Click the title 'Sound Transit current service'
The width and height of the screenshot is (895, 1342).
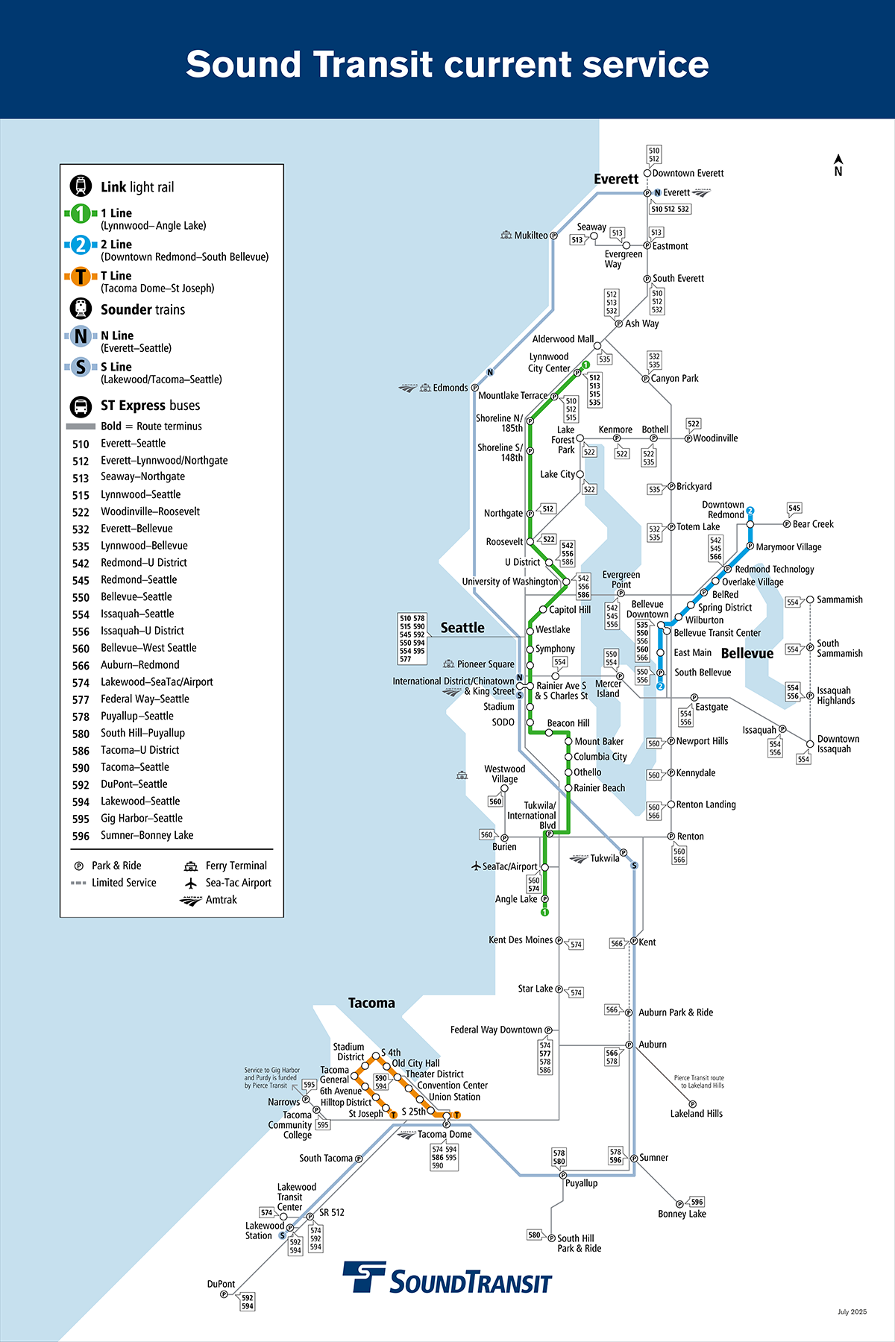pyautogui.click(x=447, y=64)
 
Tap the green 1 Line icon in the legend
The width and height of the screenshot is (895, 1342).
pyautogui.click(x=81, y=214)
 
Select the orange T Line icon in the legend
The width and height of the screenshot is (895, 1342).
pyautogui.click(x=81, y=277)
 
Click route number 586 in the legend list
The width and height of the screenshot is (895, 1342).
pyautogui.click(x=81, y=751)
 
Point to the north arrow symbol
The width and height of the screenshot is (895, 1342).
pyautogui.click(x=838, y=165)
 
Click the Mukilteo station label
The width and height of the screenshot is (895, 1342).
pyautogui.click(x=530, y=236)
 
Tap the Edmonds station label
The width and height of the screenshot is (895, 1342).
pyautogui.click(x=450, y=388)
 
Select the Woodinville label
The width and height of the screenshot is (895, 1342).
pyautogui.click(x=715, y=438)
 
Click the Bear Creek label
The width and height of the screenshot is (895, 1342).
pyautogui.click(x=813, y=524)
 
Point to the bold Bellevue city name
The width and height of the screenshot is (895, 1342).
pyautogui.click(x=747, y=653)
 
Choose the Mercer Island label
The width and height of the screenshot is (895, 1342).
pyautogui.click(x=608, y=688)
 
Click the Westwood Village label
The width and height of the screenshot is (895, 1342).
pyautogui.click(x=504, y=774)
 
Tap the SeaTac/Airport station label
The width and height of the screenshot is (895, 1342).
pyautogui.click(x=509, y=866)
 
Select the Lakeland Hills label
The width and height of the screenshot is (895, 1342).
pyautogui.click(x=696, y=1114)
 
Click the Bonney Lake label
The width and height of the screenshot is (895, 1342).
pyautogui.click(x=682, y=1214)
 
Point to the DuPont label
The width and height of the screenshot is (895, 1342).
pyautogui.click(x=221, y=1284)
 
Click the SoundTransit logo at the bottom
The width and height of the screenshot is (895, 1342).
pyautogui.click(x=447, y=1278)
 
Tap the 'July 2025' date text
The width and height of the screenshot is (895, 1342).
pyautogui.click(x=852, y=1311)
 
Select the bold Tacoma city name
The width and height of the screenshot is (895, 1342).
pyautogui.click(x=371, y=1003)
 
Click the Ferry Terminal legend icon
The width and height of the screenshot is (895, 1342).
pyautogui.click(x=191, y=866)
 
